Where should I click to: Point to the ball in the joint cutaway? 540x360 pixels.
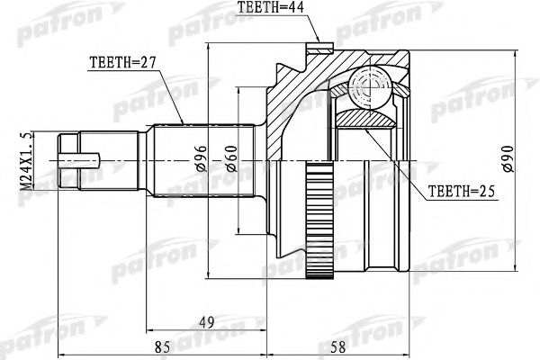(366, 87)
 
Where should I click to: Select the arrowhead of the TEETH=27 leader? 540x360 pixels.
(184, 124)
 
